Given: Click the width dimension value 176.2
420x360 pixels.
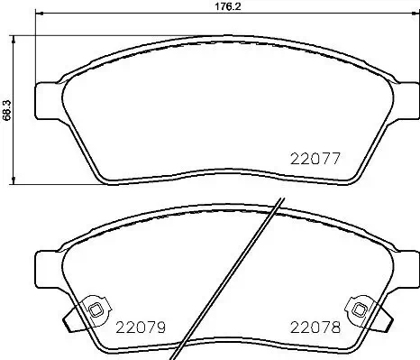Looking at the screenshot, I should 209,5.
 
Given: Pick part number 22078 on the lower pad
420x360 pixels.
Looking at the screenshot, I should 313,328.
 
